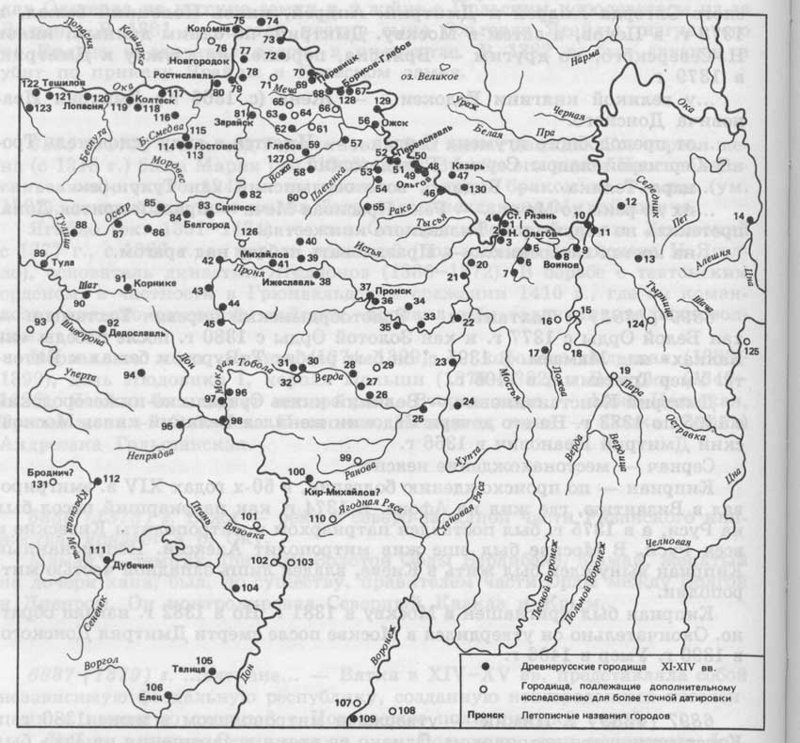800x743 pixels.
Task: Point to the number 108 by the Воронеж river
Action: (x=405, y=710)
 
